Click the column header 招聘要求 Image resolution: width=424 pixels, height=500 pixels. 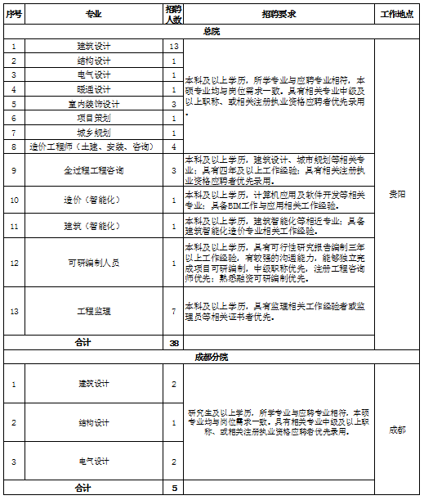pos(279,14)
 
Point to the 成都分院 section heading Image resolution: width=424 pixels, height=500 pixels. pos(211,357)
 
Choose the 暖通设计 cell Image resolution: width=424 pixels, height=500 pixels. pos(93,89)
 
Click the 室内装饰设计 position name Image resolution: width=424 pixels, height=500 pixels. pos(93,104)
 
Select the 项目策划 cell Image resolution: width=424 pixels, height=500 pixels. pos(93,118)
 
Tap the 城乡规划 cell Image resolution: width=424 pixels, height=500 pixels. pos(93,132)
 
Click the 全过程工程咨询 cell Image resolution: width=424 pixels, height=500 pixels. pos(93,170)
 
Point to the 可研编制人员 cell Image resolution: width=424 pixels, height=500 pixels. pos(93,263)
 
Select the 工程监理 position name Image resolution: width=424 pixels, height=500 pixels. pos(93,311)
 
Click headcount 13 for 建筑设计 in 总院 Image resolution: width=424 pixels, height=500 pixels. pos(174,47)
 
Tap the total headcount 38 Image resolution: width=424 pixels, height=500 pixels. pos(174,343)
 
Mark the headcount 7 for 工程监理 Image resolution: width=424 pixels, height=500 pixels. pos(174,311)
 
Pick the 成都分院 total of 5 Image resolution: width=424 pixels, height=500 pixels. pos(174,489)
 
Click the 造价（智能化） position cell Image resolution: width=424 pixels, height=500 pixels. pos(93,200)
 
